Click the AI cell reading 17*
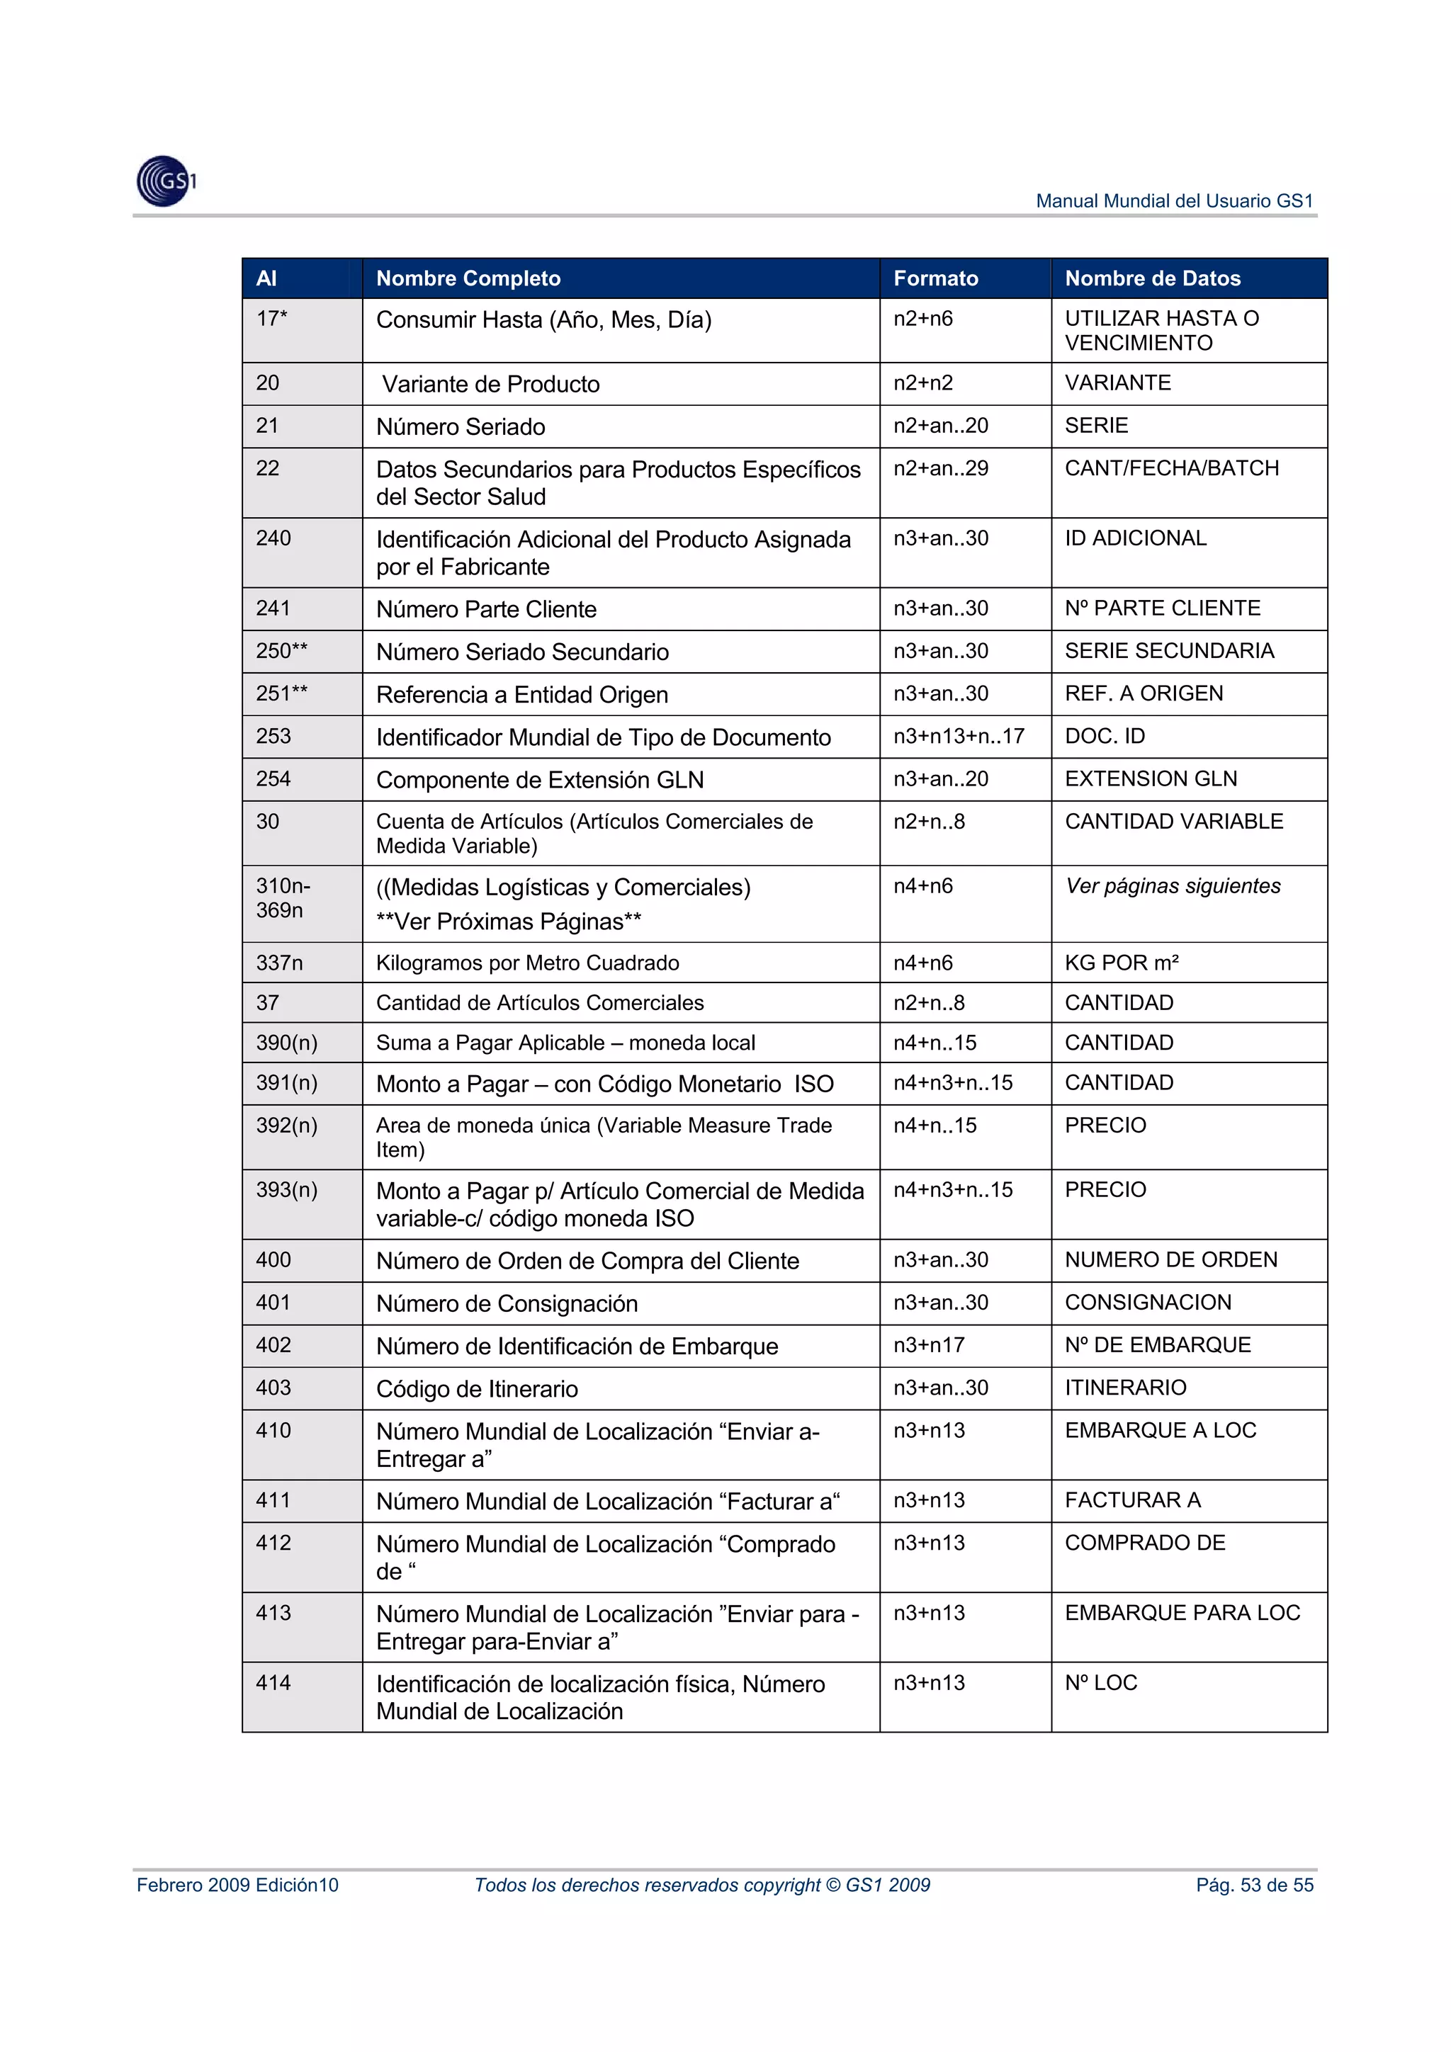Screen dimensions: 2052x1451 click(x=272, y=319)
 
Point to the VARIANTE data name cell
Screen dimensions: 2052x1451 click(x=1117, y=383)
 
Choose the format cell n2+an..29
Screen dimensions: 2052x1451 click(x=940, y=468)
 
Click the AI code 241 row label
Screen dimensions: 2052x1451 click(x=273, y=608)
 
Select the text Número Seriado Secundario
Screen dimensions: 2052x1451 click(x=522, y=652)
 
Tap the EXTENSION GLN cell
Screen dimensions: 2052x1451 click(x=1151, y=779)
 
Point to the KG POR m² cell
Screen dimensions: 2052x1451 click(x=1121, y=963)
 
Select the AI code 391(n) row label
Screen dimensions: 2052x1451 click(x=286, y=1083)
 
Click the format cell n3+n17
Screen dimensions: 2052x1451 click(x=928, y=1345)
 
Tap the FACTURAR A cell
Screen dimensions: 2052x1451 click(x=1132, y=1500)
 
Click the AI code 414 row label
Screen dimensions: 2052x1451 click(x=273, y=1683)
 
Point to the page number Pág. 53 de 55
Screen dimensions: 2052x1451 click(x=1254, y=1885)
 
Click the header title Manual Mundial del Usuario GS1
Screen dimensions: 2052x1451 click(x=1174, y=201)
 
